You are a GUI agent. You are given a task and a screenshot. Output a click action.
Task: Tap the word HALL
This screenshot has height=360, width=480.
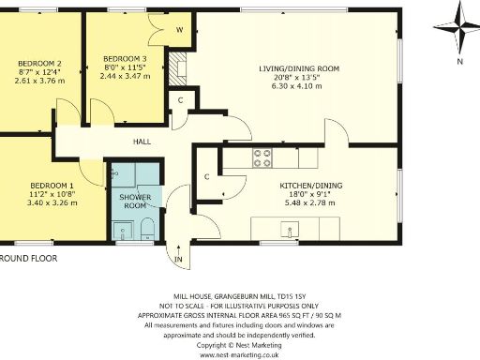141,142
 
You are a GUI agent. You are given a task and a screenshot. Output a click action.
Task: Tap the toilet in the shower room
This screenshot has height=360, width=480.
147,228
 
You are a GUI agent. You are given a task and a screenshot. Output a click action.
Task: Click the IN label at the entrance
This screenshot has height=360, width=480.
178,259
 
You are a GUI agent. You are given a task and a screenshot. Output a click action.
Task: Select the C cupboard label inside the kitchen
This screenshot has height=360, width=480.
206,176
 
